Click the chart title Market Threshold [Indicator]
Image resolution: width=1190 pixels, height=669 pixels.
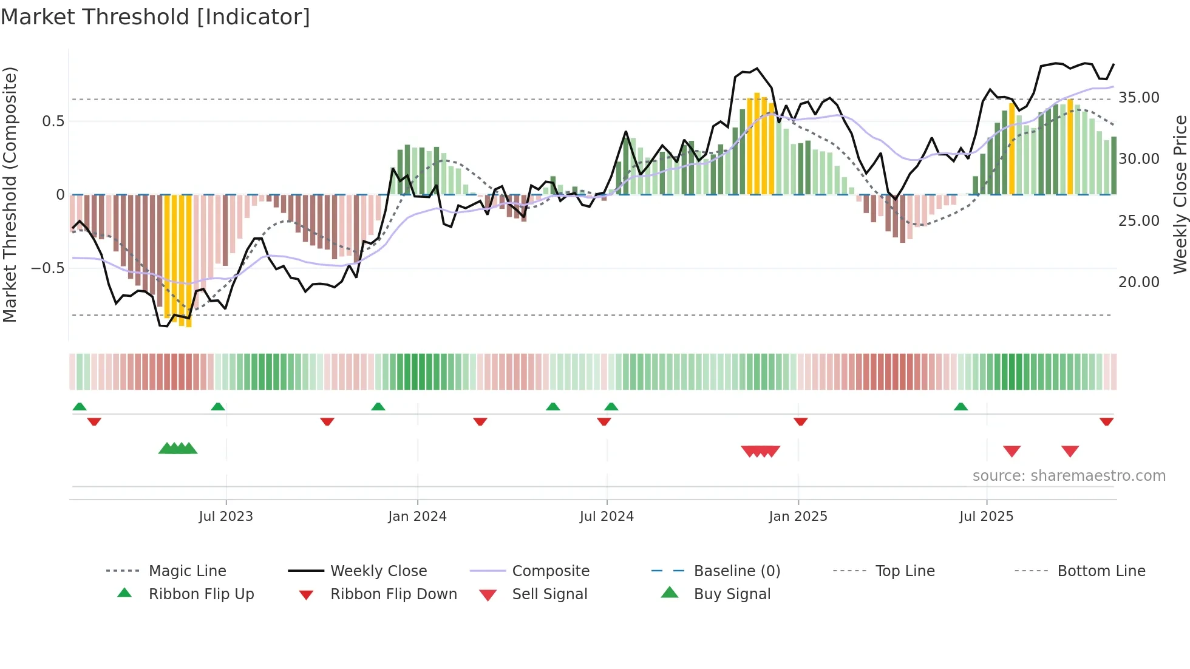click(x=155, y=17)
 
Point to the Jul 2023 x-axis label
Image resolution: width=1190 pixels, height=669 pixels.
click(x=226, y=517)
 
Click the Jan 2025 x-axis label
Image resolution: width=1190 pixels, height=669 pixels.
click(x=798, y=517)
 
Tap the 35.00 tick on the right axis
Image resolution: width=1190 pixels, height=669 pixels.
click(x=1138, y=98)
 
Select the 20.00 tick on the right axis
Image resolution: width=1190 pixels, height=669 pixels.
click(x=1138, y=282)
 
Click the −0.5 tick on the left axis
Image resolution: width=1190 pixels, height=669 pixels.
click(x=47, y=268)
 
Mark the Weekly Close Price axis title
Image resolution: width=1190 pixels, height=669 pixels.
click(x=1180, y=194)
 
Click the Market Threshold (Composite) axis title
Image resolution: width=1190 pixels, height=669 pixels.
click(x=10, y=194)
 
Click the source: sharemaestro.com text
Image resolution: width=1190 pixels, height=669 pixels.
click(x=1069, y=476)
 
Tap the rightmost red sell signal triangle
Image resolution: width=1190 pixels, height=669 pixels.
click(x=1070, y=451)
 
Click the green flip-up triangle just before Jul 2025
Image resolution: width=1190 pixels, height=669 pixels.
click(x=960, y=407)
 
